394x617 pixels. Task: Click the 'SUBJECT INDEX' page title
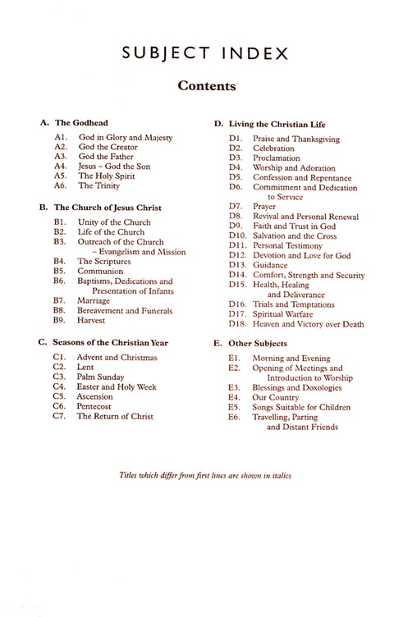196,55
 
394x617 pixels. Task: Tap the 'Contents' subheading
196,85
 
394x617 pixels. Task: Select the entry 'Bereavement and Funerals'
125,311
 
